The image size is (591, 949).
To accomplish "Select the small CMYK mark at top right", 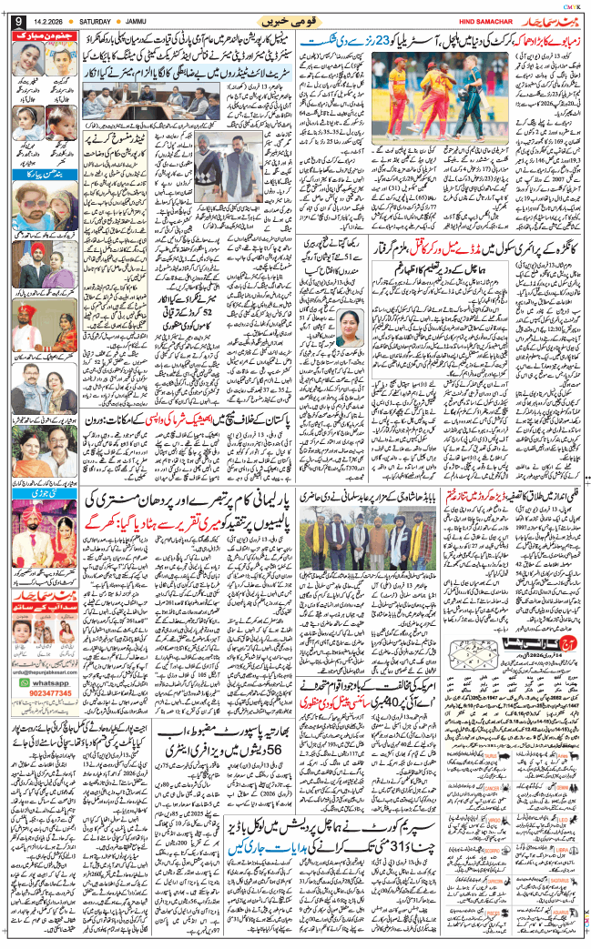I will [568, 5].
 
